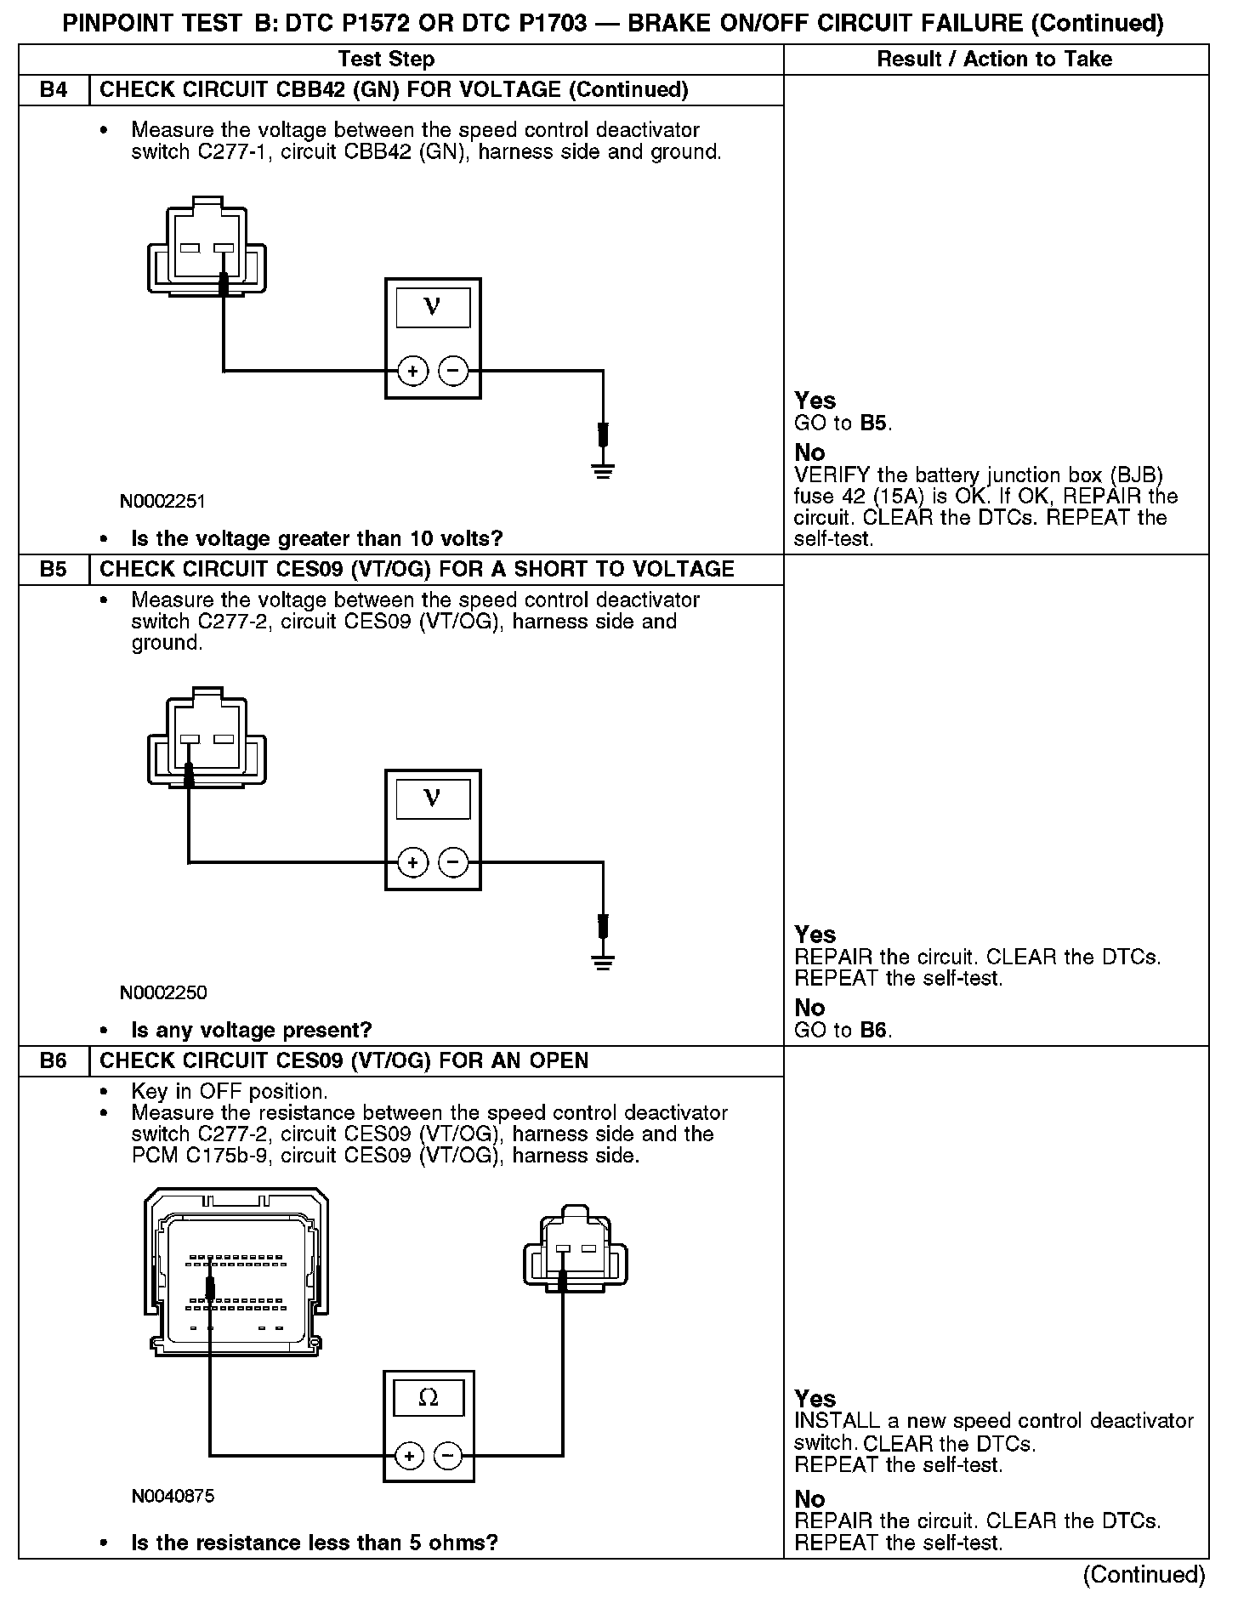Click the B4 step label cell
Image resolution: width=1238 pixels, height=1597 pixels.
(x=54, y=90)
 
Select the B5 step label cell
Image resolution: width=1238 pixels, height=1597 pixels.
(x=54, y=569)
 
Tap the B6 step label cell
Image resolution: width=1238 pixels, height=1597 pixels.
(x=54, y=1060)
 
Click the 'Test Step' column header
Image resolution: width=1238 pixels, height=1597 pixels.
(x=386, y=60)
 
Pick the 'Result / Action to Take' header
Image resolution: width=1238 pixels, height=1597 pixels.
(x=994, y=60)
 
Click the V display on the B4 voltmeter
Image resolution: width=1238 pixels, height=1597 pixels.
(x=432, y=307)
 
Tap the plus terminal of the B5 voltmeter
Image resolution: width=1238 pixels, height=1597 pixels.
(x=412, y=862)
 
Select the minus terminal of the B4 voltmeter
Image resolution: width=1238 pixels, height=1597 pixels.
(x=452, y=371)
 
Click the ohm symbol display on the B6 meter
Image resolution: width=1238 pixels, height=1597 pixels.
(x=428, y=1397)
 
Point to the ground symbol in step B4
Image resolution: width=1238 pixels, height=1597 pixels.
(x=603, y=469)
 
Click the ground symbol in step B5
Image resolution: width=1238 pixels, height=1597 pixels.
(x=603, y=961)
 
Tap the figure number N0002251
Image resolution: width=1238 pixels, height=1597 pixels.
(x=162, y=501)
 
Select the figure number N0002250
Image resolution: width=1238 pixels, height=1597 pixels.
(x=162, y=992)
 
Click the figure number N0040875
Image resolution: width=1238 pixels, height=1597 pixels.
(x=173, y=1496)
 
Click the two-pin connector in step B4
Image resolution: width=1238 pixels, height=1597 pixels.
(x=207, y=247)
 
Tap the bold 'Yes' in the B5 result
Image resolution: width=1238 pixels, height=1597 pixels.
(x=815, y=935)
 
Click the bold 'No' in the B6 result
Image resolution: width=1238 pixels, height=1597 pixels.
(x=809, y=1498)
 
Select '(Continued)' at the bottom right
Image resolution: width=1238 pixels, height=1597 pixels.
(x=1144, y=1574)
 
